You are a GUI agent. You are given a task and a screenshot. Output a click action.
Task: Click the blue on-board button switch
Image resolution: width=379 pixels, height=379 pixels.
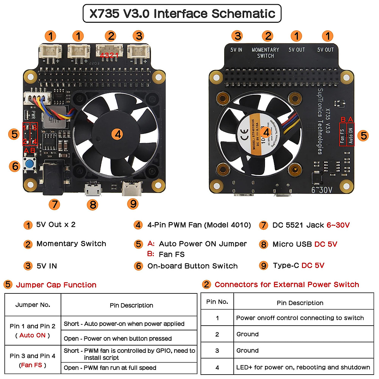(x=30, y=164)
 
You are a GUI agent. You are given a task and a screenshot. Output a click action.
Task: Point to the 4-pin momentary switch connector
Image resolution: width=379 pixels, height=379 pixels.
(x=109, y=51)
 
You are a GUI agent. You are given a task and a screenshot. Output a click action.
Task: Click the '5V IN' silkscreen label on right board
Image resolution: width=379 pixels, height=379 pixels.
(x=236, y=50)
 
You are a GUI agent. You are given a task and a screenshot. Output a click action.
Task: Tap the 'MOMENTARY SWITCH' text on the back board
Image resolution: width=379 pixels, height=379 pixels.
(x=265, y=53)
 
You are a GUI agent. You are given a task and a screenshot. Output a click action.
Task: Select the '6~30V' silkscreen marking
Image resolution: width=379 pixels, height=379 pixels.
(x=322, y=190)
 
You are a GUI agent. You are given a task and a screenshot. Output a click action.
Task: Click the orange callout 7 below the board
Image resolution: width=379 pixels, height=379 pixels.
(x=54, y=204)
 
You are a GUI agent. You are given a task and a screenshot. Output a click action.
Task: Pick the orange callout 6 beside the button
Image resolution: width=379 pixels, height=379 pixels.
(x=15, y=166)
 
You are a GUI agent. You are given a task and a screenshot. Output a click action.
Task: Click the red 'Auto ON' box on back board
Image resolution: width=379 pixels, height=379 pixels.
(x=351, y=135)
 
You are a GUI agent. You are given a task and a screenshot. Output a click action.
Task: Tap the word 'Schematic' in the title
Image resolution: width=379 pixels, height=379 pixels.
(x=243, y=14)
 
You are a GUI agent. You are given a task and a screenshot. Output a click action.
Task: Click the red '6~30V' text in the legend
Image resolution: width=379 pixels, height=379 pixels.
(x=338, y=225)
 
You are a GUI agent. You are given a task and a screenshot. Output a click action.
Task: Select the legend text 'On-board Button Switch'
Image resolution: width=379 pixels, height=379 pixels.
(x=192, y=266)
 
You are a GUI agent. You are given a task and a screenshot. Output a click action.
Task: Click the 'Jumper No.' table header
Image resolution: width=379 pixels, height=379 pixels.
(x=33, y=305)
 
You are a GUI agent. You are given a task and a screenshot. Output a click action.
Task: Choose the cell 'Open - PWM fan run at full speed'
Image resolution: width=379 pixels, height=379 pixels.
(x=110, y=368)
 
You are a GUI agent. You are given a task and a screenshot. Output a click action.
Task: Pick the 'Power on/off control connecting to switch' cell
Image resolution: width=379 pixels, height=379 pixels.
(x=300, y=318)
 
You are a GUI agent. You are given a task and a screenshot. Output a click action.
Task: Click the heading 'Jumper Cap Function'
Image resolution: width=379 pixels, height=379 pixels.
(x=56, y=285)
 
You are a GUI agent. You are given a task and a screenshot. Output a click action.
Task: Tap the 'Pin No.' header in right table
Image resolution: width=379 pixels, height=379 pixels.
(x=217, y=302)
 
